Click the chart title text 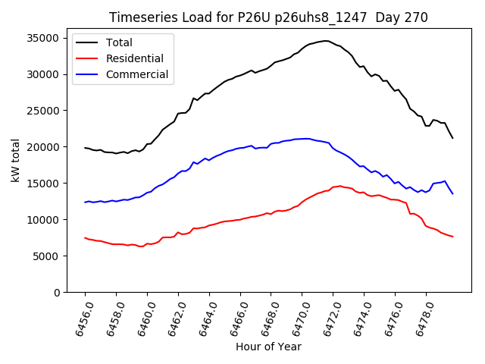tap(268, 17)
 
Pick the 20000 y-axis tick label tap(44, 147)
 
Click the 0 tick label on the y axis tap(57, 293)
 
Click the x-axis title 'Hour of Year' tap(268, 347)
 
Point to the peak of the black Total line tap(326, 41)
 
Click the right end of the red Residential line tap(452, 237)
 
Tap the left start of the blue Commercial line tap(85, 202)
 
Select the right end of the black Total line tap(452, 137)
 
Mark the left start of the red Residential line tap(85, 237)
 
